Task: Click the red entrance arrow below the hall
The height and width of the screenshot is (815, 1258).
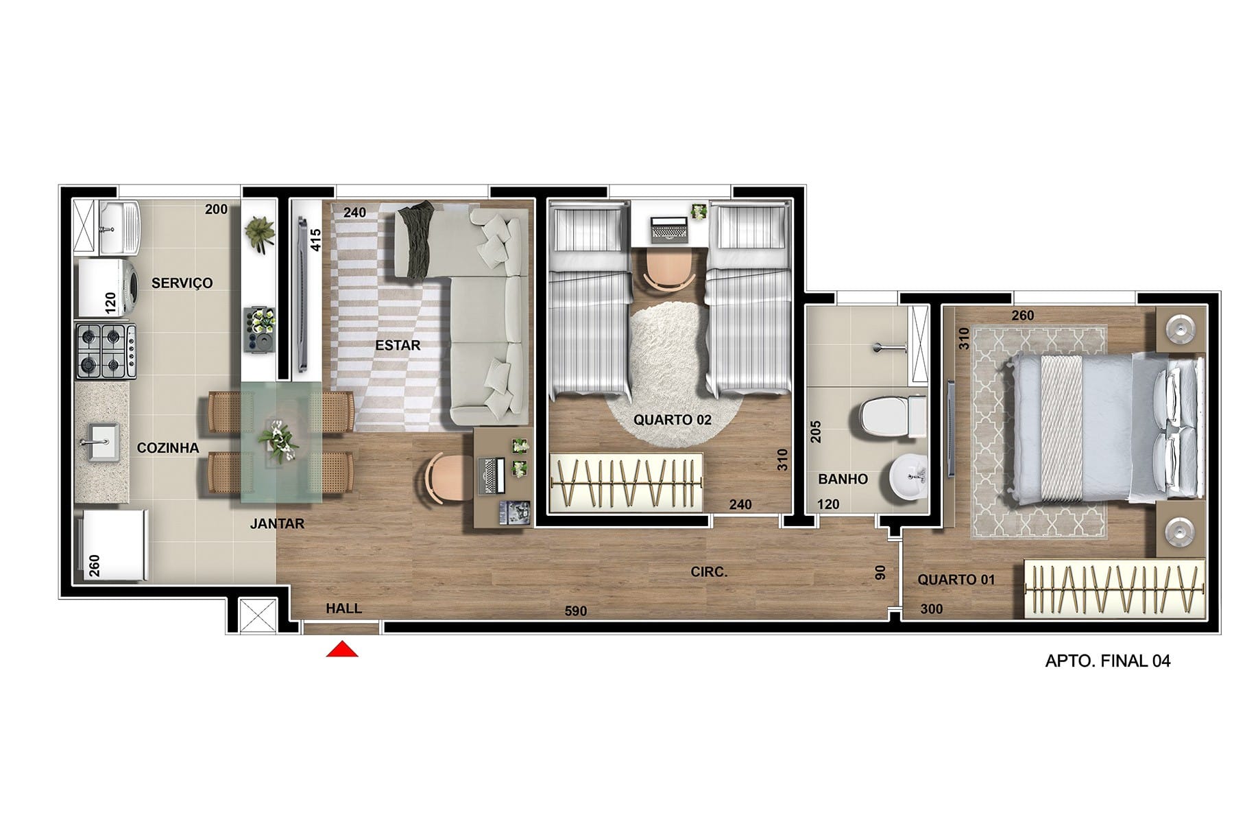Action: (341, 649)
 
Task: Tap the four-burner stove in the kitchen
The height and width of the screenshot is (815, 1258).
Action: (106, 351)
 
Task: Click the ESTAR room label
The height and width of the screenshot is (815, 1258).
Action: (398, 345)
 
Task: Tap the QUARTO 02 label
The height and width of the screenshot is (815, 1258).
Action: (672, 419)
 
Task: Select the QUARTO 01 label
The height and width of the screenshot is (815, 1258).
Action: (956, 580)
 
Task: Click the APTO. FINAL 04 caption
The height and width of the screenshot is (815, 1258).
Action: (1108, 661)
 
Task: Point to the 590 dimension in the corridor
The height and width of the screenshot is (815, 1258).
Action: (576, 611)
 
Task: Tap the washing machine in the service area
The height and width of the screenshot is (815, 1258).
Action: (107, 287)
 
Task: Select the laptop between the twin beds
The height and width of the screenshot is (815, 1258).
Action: (668, 230)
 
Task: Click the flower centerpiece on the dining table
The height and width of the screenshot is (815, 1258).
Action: (278, 440)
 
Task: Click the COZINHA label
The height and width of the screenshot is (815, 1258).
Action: (168, 448)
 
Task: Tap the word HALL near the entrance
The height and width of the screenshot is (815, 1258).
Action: (343, 609)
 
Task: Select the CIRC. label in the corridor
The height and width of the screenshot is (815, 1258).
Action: (709, 571)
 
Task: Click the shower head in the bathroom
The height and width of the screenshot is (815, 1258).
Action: (888, 348)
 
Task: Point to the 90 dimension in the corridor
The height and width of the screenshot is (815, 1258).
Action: (881, 572)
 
